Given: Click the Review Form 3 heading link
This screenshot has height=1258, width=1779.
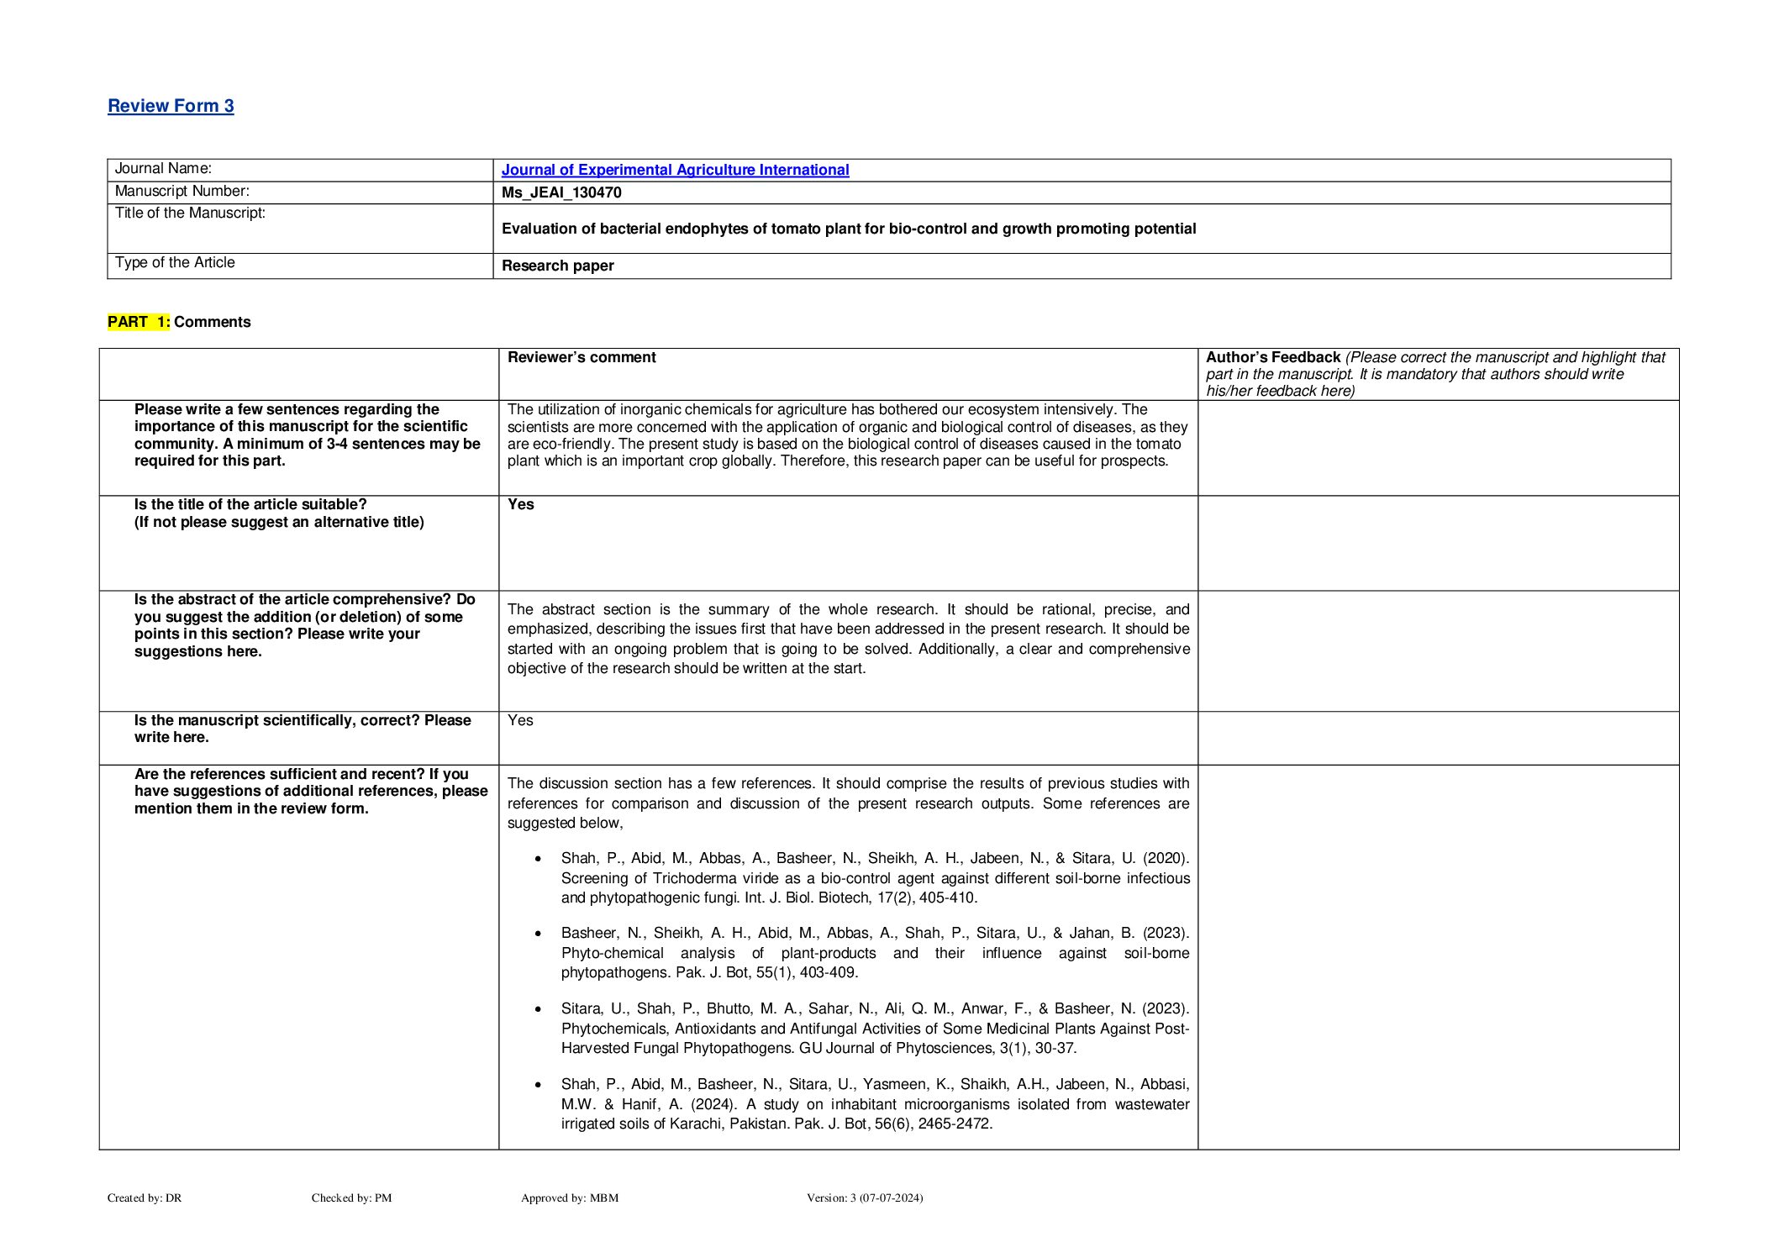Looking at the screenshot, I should point(171,106).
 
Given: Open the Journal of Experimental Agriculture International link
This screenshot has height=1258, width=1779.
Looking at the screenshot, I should point(675,170).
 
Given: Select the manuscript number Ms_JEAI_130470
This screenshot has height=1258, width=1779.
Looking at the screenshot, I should point(561,192).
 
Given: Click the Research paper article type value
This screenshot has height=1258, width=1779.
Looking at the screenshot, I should point(557,266).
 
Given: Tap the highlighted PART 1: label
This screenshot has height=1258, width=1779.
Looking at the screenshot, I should point(139,322).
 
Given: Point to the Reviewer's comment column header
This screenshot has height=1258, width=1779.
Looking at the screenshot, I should point(582,357).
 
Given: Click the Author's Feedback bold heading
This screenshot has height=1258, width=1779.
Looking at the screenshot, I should point(1272,357).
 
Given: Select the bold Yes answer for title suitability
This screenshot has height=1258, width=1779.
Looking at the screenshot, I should point(520,504).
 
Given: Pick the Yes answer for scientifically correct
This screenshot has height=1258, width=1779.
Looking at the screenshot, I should point(520,720).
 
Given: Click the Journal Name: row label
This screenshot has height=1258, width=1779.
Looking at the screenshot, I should point(163,169).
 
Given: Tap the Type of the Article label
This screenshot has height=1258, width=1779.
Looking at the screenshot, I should point(175,262).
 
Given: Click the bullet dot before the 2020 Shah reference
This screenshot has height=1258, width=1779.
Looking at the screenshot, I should point(538,859).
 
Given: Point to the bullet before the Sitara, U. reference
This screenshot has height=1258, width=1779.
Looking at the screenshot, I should point(538,1009).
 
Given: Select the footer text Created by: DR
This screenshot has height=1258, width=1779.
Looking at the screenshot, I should point(145,1197).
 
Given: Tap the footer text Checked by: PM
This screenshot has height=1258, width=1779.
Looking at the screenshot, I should point(351,1197).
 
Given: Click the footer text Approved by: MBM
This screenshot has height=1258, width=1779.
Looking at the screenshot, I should point(570,1197).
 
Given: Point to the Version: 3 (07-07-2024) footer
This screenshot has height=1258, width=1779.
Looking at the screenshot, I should point(865,1197).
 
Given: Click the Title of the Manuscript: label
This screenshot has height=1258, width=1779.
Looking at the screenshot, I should point(190,213).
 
